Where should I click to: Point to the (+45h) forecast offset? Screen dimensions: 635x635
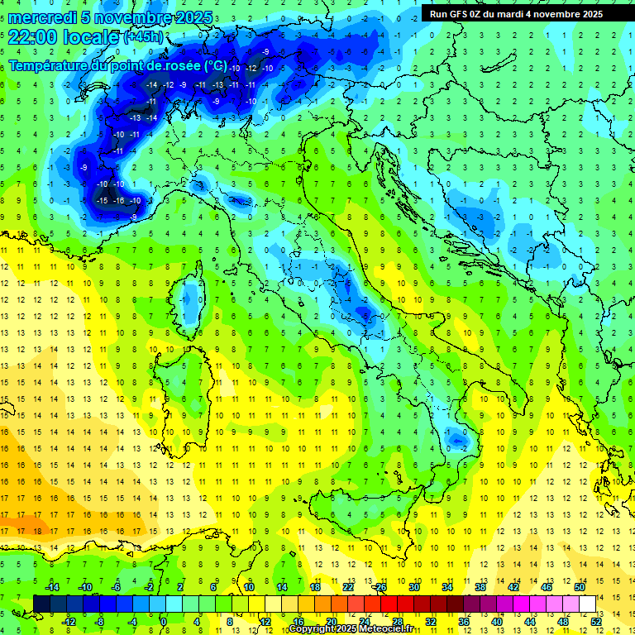[143, 37]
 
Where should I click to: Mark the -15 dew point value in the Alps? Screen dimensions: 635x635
[102, 201]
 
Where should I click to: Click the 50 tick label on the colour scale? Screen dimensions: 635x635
[580, 586]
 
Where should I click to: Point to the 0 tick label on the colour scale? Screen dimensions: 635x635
[164, 621]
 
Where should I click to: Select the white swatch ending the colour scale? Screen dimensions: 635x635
[587, 604]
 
